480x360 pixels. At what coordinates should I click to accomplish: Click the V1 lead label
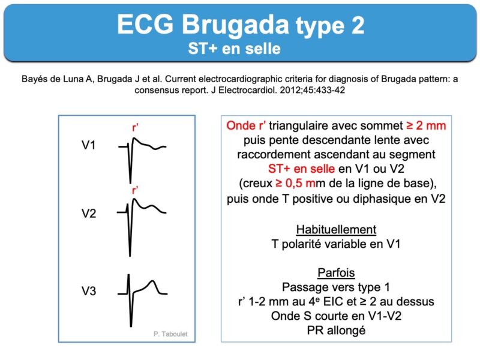[x=88, y=145]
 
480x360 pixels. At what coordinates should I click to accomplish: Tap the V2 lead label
[x=89, y=213]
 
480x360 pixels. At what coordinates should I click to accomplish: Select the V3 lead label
[x=89, y=290]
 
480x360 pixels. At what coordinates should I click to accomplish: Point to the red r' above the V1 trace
[x=135, y=127]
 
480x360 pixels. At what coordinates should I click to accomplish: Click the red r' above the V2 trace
[x=135, y=190]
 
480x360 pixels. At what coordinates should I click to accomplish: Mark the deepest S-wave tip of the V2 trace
[x=130, y=256]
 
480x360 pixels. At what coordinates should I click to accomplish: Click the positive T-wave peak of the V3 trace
[x=152, y=281]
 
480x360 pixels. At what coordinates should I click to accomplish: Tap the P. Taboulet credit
[x=170, y=334]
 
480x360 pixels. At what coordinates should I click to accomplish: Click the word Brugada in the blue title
[x=235, y=24]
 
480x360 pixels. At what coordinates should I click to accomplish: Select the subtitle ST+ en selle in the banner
[x=234, y=49]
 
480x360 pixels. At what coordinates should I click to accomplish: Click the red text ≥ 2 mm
[x=426, y=125]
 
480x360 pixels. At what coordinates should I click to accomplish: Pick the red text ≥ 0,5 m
[x=295, y=183]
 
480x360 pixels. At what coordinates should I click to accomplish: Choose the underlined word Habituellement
[x=336, y=230]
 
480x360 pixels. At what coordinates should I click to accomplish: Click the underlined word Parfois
[x=336, y=272]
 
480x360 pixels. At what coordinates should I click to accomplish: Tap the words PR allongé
[x=336, y=331]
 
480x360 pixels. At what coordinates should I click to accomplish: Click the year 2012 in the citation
[x=291, y=91]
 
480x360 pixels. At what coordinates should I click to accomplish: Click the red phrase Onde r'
[x=246, y=125]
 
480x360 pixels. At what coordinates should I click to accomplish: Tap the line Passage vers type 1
[x=336, y=287]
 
